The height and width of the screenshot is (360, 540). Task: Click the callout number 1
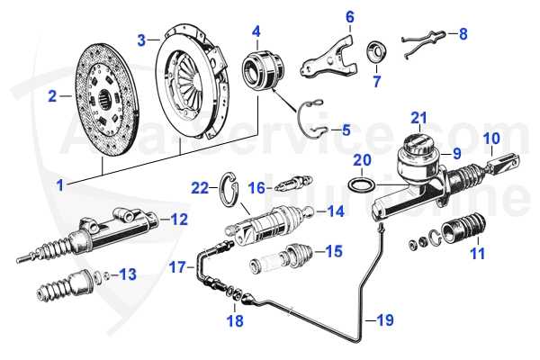(59, 184)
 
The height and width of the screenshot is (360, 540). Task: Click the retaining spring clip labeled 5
(310, 117)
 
